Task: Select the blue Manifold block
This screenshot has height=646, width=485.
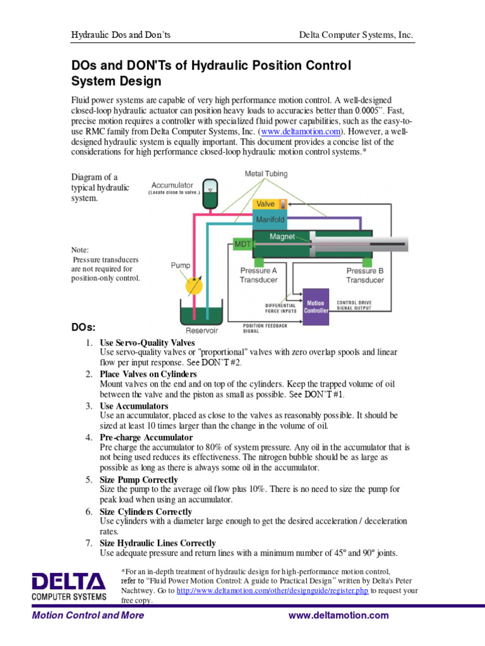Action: [x=270, y=220]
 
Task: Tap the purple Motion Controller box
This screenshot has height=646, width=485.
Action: [x=316, y=307]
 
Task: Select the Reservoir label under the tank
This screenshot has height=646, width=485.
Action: [x=202, y=330]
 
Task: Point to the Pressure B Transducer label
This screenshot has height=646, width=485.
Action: [x=364, y=275]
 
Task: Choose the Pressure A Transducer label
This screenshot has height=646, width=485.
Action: [x=258, y=275]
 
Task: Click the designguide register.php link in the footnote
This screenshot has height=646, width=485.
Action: [x=272, y=591]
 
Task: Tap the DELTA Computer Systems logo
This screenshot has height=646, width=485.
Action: [x=69, y=586]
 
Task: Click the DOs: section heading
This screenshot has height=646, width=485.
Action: [x=83, y=327]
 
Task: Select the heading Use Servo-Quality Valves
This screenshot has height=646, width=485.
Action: [x=147, y=343]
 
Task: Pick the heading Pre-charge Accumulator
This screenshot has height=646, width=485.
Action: [x=146, y=437]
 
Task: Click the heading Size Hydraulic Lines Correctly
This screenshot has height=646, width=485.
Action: [x=157, y=543]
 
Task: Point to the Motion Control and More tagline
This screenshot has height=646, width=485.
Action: [x=88, y=615]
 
